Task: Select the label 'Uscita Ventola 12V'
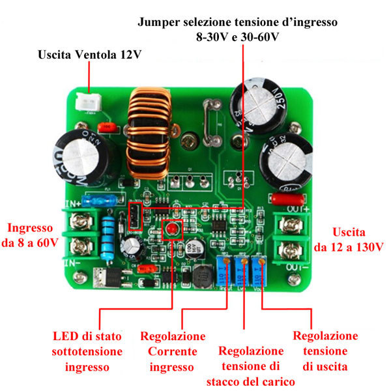(89, 55)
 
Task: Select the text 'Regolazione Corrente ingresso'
(173, 351)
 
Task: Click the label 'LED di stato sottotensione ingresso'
(87, 351)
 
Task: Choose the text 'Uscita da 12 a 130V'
(348, 239)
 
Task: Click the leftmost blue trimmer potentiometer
(225, 269)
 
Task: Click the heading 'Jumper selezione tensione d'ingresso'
(237, 22)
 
